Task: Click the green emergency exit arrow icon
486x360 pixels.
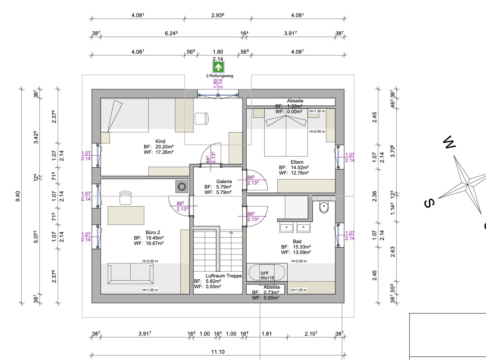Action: pos(218,67)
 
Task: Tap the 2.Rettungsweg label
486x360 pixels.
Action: pos(220,76)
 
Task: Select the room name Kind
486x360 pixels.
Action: pos(160,141)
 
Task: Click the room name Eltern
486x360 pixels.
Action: pos(297,162)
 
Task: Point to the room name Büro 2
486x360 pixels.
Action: pos(153,233)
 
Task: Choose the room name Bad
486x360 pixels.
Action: pos(297,241)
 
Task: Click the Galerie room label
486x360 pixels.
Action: pos(224,181)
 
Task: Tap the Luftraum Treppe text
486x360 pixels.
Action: pos(224,276)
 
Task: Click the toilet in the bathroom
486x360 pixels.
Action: pos(324,207)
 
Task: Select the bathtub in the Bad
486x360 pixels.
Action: pos(267,272)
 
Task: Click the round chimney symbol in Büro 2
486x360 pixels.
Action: pos(182,187)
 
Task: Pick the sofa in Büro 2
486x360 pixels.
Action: pos(130,273)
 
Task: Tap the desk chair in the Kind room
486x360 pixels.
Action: pos(202,119)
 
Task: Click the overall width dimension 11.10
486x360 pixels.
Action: pos(218,352)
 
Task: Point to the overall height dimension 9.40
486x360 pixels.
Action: pos(18,196)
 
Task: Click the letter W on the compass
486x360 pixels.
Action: pos(449,142)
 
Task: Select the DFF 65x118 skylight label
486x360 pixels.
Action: pos(267,276)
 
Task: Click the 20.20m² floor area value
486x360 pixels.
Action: pos(164,147)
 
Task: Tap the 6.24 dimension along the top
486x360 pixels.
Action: pos(171,33)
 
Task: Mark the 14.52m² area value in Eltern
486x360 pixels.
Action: pos(300,168)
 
